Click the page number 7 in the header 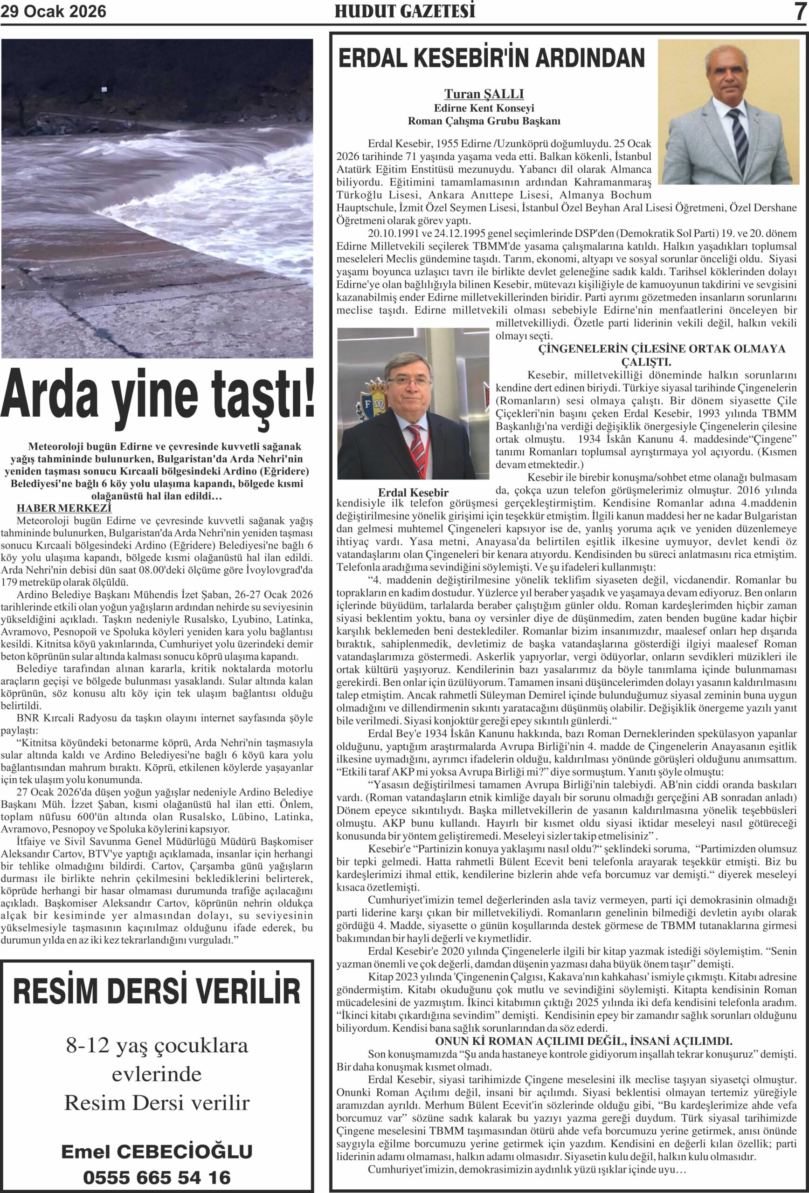799,11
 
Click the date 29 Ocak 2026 54,11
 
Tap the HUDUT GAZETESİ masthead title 405,11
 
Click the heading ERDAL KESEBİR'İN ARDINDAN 491,58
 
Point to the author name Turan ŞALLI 484,94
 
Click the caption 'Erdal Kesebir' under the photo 413,492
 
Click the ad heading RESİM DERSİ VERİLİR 157,991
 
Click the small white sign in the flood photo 104,90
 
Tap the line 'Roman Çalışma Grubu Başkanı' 484,122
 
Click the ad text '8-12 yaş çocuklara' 157,1045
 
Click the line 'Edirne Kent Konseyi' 484,108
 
